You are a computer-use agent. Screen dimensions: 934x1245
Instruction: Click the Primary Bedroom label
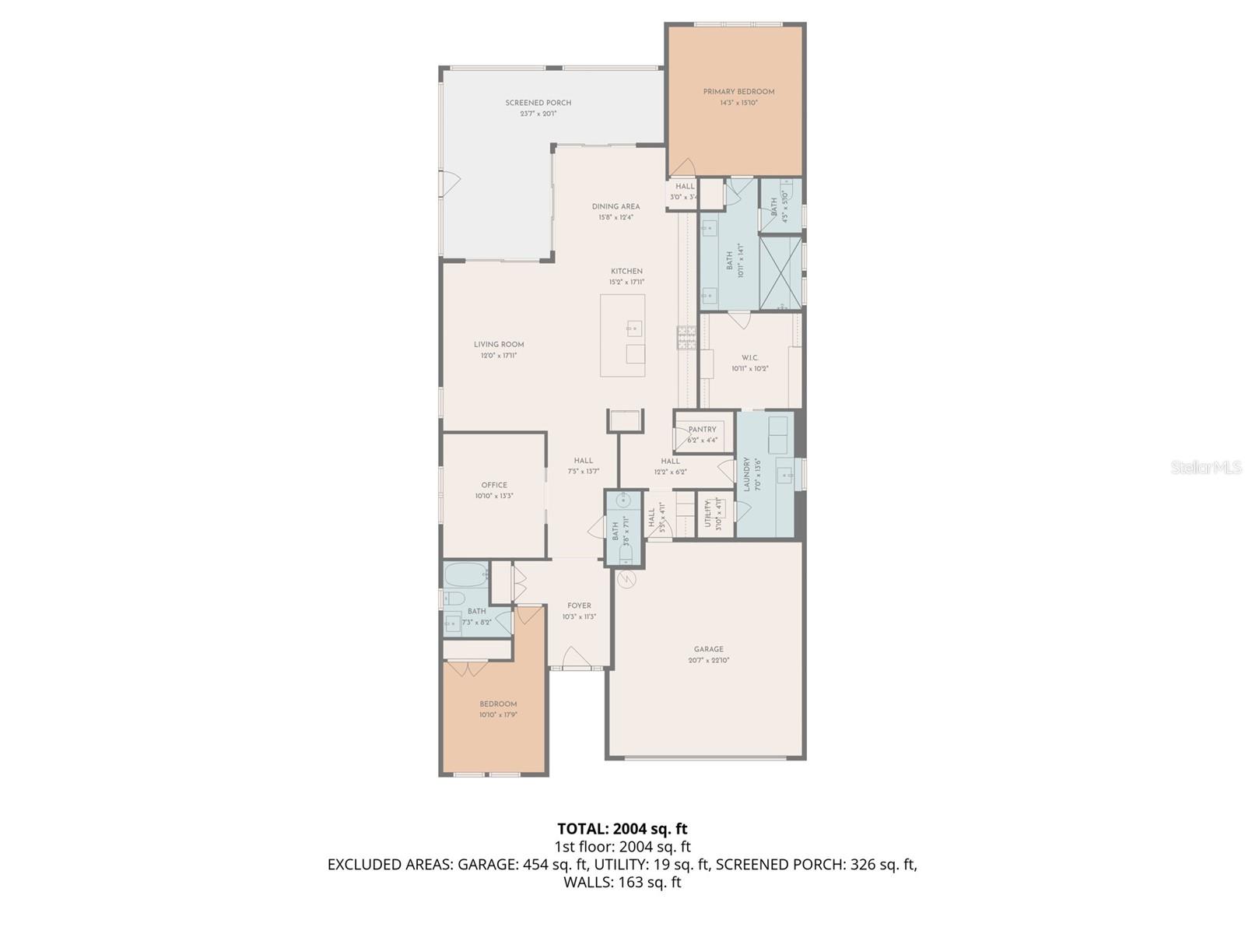[x=738, y=92]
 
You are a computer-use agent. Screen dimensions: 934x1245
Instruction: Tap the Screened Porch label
[x=538, y=103]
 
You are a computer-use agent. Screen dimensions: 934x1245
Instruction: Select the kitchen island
[x=622, y=335]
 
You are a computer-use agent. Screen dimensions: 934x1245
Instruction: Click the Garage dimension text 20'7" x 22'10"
[x=708, y=660]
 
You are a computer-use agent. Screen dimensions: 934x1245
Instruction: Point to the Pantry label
[x=702, y=430]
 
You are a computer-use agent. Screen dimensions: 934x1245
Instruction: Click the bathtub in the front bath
[x=465, y=576]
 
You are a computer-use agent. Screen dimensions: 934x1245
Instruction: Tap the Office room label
[x=494, y=485]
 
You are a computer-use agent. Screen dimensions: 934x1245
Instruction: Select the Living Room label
[x=499, y=344]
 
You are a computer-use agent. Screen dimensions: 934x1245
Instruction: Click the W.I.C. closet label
[x=749, y=358]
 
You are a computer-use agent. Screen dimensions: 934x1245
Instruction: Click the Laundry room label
[x=747, y=474]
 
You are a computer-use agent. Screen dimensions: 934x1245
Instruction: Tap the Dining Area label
[x=615, y=206]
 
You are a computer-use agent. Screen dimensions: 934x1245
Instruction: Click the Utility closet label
[x=708, y=514]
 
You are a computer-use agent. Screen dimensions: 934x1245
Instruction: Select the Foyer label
[x=579, y=606]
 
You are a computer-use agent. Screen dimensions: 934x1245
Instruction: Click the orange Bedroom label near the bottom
[x=498, y=704]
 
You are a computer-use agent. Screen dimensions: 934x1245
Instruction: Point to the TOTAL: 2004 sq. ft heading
[x=622, y=829]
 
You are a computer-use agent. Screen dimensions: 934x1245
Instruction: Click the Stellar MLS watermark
[x=1205, y=468]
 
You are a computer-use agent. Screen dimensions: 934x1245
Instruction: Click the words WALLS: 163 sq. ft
[x=622, y=882]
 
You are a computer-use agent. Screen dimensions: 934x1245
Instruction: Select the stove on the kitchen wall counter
[x=686, y=336]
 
